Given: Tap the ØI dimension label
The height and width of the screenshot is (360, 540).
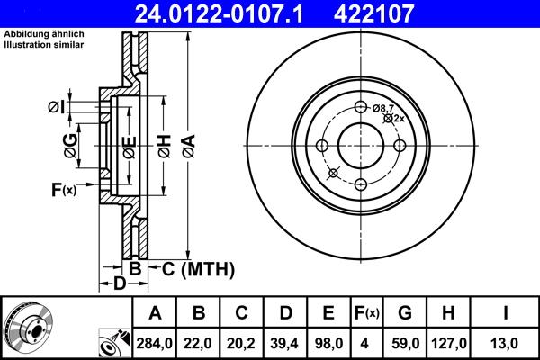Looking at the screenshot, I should click(x=57, y=108).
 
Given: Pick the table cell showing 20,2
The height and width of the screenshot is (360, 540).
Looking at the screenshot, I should click(x=242, y=343).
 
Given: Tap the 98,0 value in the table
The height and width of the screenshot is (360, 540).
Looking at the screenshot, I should click(x=328, y=343).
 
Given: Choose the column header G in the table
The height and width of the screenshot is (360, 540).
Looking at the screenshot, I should click(x=405, y=314).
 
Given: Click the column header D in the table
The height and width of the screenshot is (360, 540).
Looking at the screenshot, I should click(x=285, y=314).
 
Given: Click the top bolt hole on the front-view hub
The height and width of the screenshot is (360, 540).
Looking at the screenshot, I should click(x=361, y=108).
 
